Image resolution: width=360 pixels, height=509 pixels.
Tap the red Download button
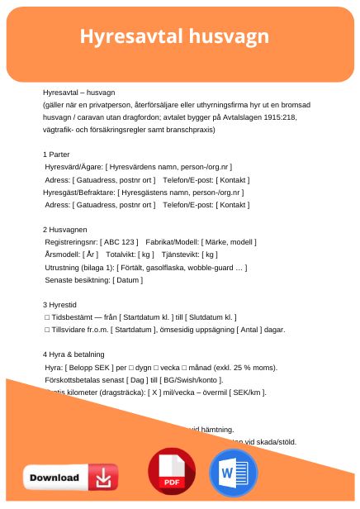[70, 477]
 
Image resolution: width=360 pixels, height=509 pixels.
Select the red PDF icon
[172, 472]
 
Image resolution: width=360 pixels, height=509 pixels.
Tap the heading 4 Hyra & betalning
[81, 354]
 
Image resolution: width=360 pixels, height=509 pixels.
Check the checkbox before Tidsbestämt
[47, 316]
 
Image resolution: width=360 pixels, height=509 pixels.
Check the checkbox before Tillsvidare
[47, 329]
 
